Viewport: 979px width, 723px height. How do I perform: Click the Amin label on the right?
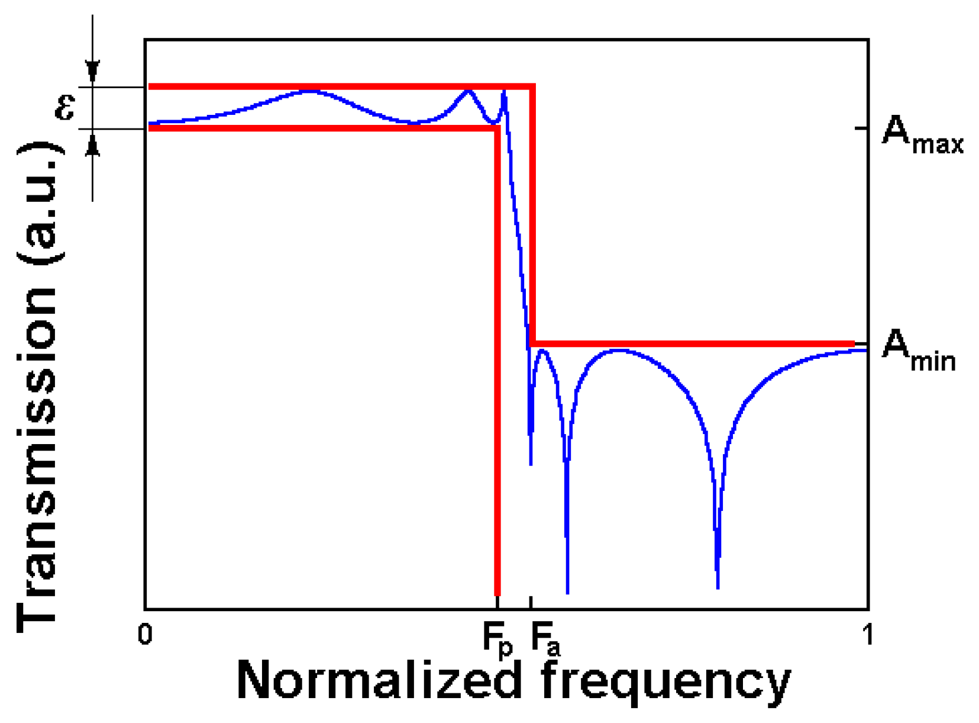pyautogui.click(x=918, y=351)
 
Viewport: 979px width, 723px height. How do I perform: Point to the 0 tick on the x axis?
pyautogui.click(x=145, y=634)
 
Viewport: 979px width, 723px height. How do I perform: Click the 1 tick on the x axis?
pyautogui.click(x=868, y=634)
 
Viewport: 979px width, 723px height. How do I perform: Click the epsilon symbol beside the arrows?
pyautogui.click(x=65, y=107)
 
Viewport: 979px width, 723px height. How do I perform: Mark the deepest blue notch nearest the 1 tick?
pyautogui.click(x=718, y=586)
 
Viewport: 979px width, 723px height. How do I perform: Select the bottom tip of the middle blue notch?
pyautogui.click(x=567, y=591)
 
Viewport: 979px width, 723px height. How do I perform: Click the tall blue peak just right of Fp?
pyautogui.click(x=504, y=92)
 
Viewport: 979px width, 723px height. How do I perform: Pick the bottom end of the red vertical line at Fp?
pyautogui.click(x=497, y=593)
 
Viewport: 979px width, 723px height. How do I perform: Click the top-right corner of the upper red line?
pyautogui.click(x=533, y=88)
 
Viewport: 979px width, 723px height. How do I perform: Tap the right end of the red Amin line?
pyautogui.click(x=852, y=343)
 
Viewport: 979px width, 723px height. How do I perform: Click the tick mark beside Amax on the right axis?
pyautogui.click(x=861, y=128)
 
